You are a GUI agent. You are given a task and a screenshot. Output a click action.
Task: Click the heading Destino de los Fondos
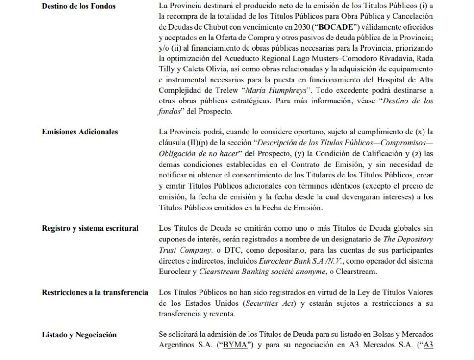79,6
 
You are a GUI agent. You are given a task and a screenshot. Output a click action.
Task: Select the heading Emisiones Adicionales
80,132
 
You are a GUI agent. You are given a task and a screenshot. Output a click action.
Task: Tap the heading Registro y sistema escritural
90,228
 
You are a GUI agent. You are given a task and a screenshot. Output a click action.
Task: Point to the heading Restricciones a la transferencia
95,292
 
